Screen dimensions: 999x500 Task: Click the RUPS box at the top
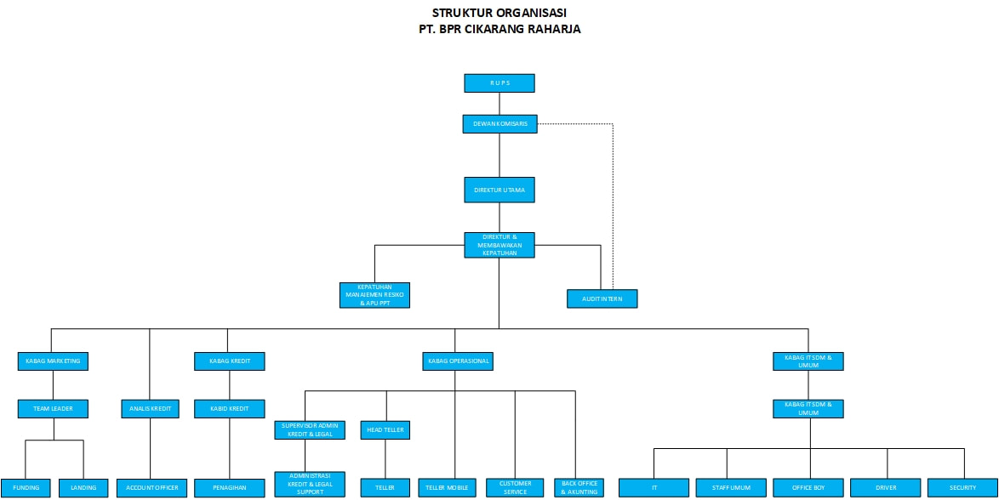pyautogui.click(x=499, y=83)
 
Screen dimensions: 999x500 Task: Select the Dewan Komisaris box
pyautogui.click(x=500, y=123)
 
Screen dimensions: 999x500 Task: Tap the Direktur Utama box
pyautogui.click(x=499, y=190)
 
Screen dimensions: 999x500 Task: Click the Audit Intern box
pyautogui.click(x=602, y=298)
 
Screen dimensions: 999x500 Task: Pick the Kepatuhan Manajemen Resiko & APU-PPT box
pyautogui.click(x=374, y=295)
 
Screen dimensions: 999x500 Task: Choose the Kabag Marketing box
pyautogui.click(x=53, y=361)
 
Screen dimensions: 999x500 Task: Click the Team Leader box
pyautogui.click(x=53, y=408)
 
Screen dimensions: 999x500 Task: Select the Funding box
pyautogui.click(x=26, y=488)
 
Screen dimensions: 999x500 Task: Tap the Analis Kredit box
pyautogui.click(x=150, y=408)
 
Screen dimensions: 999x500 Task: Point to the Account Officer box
pyautogui.click(x=151, y=488)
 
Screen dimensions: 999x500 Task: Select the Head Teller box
pyautogui.click(x=385, y=430)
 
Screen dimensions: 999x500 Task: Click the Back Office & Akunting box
pyautogui.click(x=579, y=488)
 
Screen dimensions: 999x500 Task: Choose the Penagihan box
pyautogui.click(x=230, y=488)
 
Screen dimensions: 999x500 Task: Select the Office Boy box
pyautogui.click(x=809, y=488)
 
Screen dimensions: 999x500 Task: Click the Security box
pyautogui.click(x=962, y=488)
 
